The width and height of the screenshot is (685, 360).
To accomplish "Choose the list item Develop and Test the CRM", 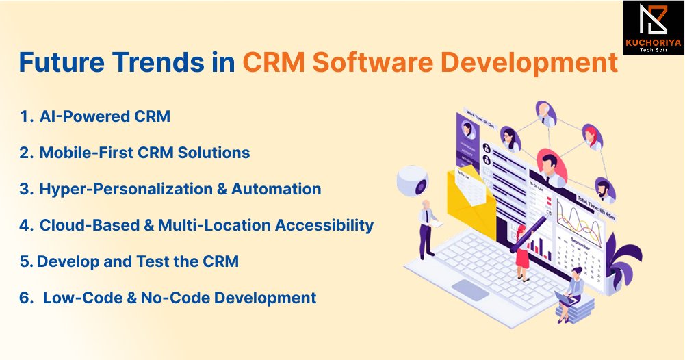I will point(138,261).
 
